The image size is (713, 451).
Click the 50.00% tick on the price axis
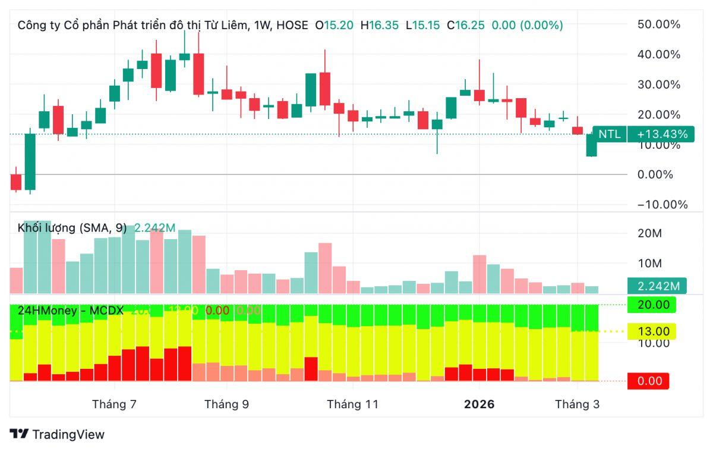[x=658, y=24]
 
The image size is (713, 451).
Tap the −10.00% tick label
[x=658, y=205]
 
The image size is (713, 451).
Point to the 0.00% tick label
[x=658, y=174]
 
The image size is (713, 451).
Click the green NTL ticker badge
[x=609, y=134]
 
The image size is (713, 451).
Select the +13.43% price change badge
[x=661, y=134]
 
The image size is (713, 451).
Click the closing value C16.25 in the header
[x=466, y=25]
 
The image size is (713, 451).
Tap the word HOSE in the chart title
[x=292, y=25]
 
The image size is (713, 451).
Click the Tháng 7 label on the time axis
[x=115, y=405]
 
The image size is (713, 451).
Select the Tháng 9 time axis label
[x=226, y=405]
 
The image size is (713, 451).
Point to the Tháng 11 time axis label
[x=352, y=405]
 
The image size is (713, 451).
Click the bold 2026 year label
[x=479, y=405]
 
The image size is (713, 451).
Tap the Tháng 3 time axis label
[x=577, y=405]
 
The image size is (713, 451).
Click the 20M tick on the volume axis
[x=649, y=233]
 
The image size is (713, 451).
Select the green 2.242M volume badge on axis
[x=658, y=286]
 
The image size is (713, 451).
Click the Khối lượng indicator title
[x=72, y=228]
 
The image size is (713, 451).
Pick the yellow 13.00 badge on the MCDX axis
[x=652, y=331]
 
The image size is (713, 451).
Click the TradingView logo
[x=57, y=434]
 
